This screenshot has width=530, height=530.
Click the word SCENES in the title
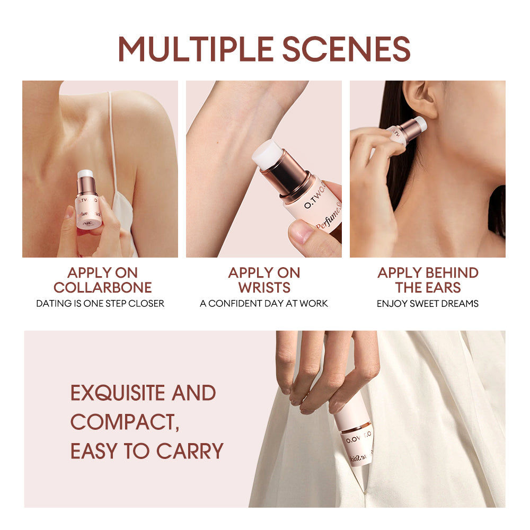(346, 49)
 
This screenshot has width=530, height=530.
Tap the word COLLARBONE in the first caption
(102, 288)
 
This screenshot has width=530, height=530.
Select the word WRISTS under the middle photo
(264, 288)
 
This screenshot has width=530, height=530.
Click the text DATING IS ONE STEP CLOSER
(100, 304)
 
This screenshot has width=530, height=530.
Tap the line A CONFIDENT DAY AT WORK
(264, 304)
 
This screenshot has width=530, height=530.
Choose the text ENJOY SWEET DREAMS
(428, 304)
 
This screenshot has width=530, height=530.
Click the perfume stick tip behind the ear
(420, 124)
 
